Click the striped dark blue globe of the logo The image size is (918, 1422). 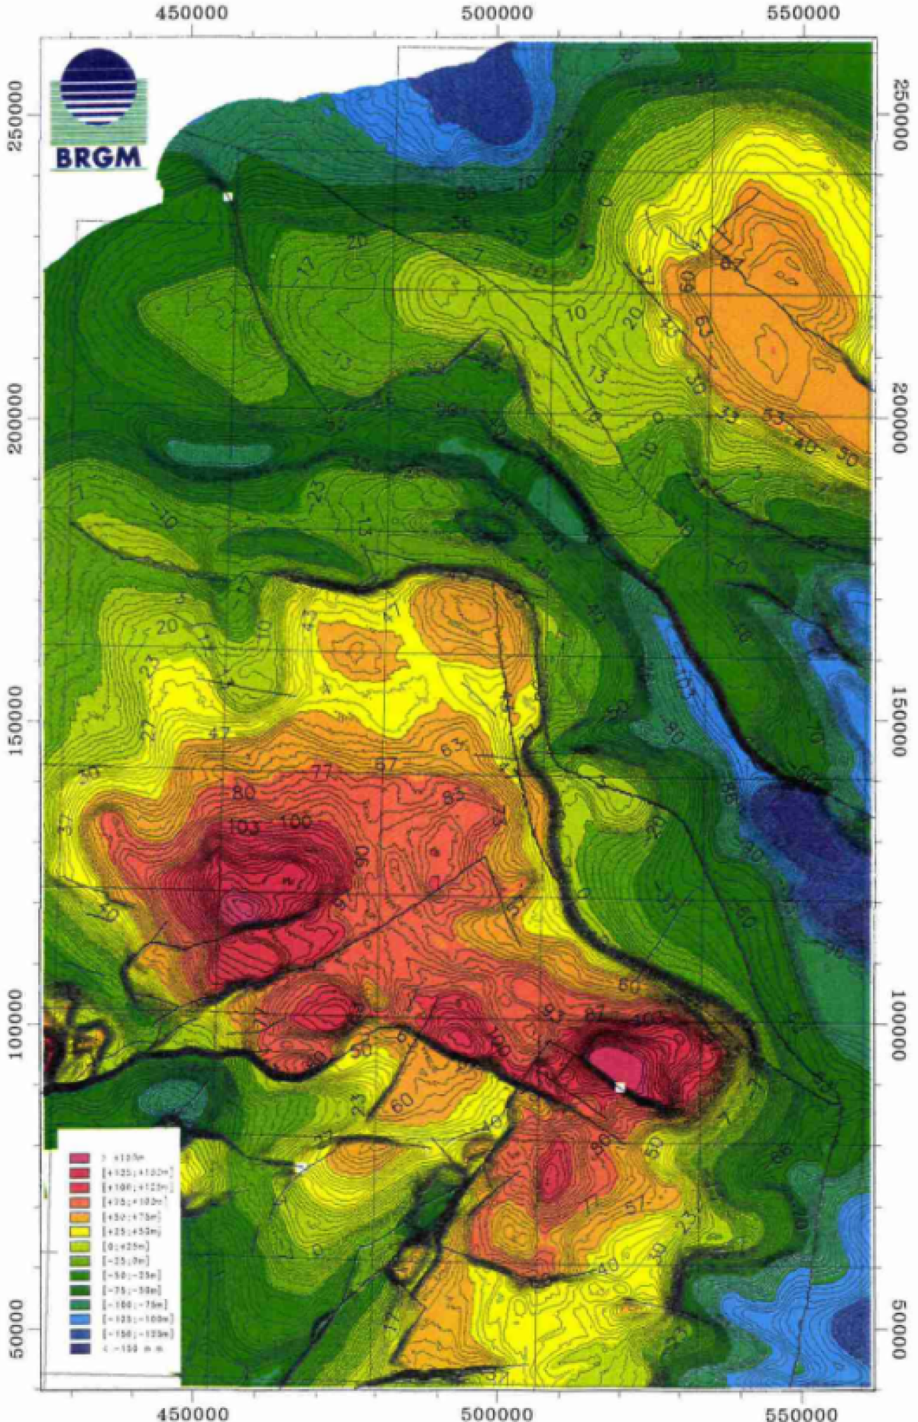98,87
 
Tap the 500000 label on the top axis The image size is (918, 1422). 498,13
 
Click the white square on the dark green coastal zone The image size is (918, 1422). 227,197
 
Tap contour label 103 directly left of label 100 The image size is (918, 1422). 244,827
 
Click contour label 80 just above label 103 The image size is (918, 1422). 243,793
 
